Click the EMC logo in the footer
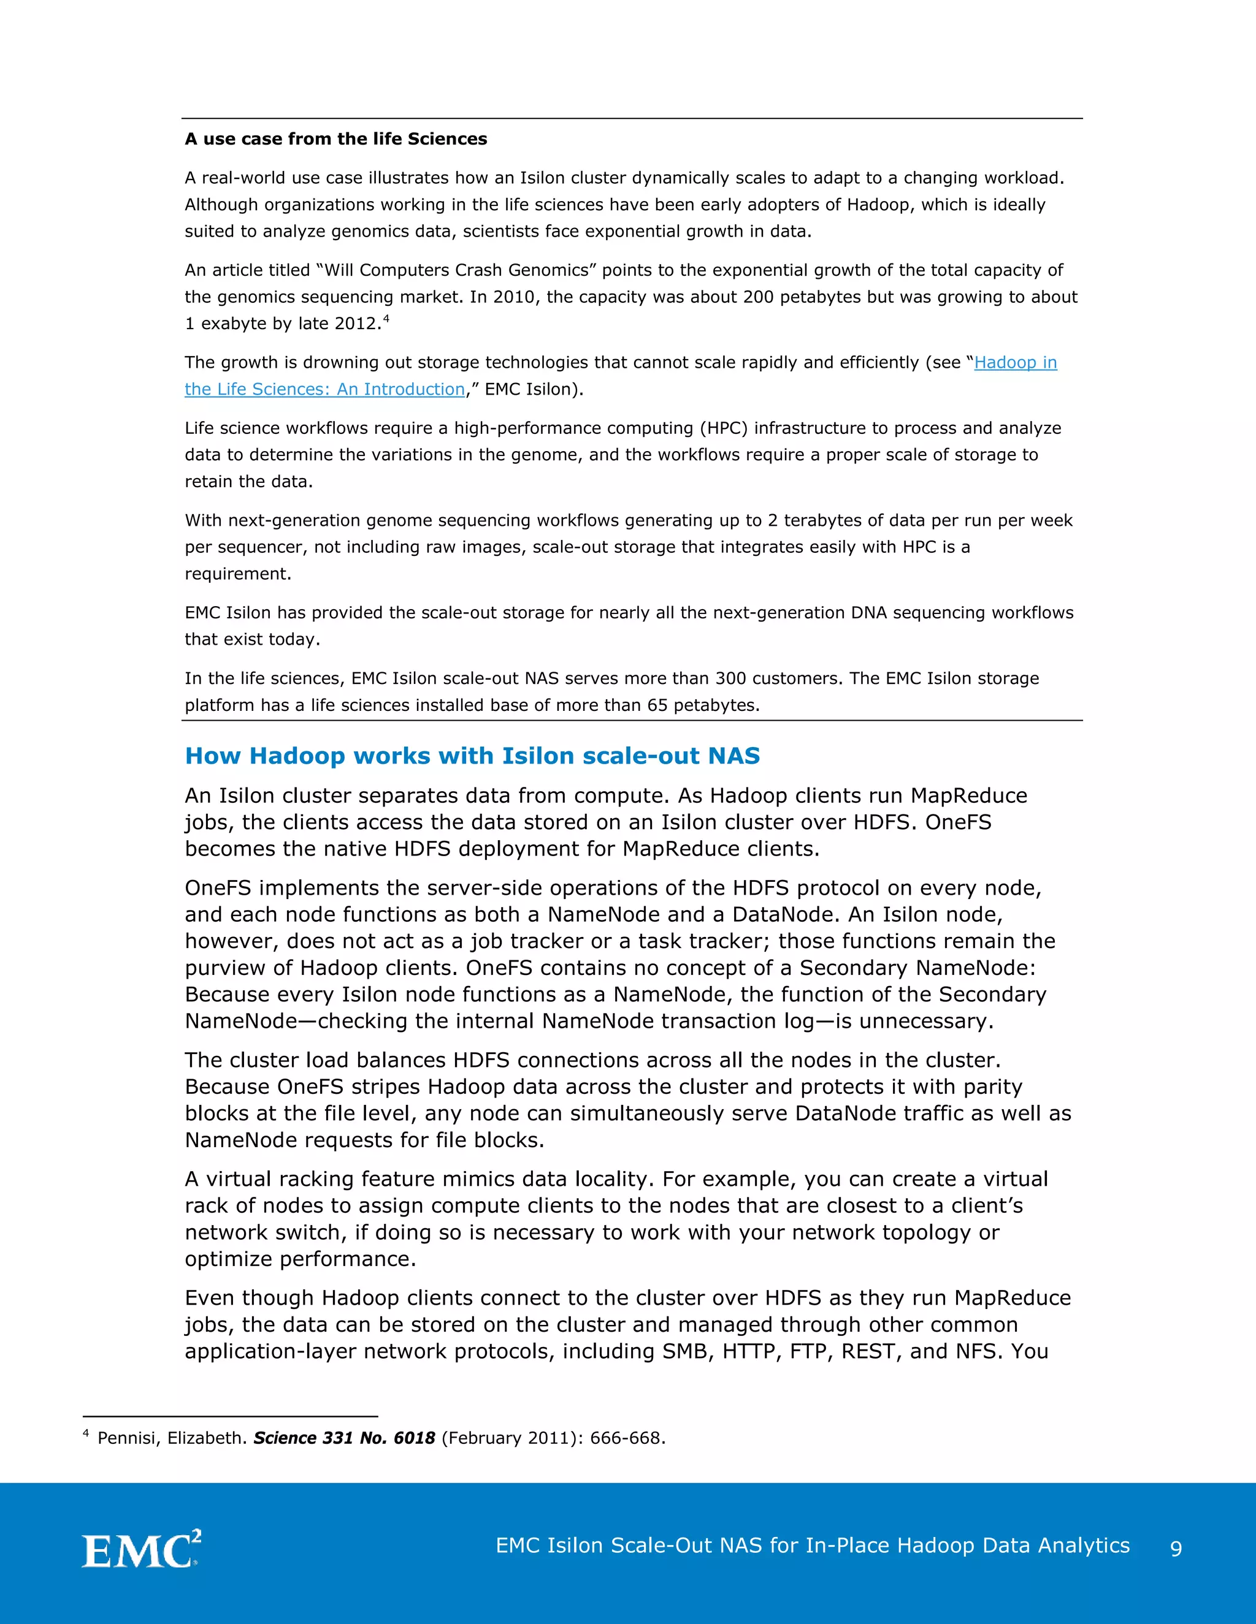[x=140, y=1548]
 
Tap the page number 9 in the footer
[x=1176, y=1547]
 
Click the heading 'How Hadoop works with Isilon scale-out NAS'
[x=472, y=756]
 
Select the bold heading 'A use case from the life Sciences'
[x=335, y=139]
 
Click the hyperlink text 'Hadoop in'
[x=1015, y=362]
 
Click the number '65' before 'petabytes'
[x=657, y=705]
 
